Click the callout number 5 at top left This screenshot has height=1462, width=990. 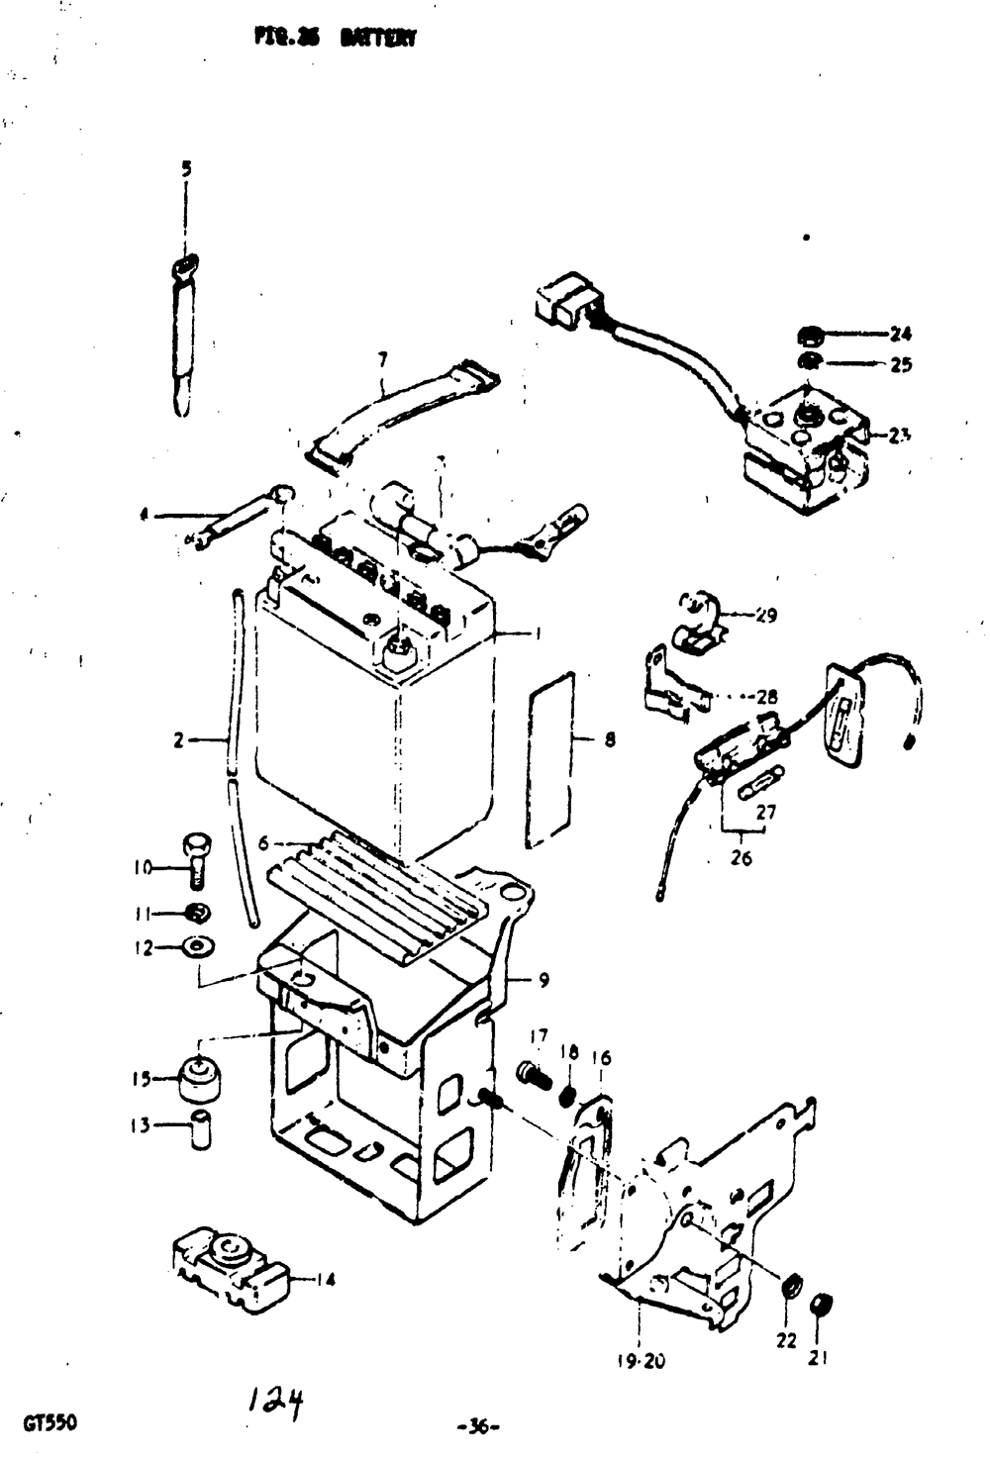(x=186, y=169)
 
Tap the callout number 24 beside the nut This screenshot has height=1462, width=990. (x=900, y=334)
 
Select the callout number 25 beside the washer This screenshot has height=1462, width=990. (x=900, y=364)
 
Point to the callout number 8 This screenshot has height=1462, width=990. (x=609, y=738)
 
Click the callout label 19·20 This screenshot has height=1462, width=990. (x=640, y=1361)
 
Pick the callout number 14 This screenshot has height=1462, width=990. (x=326, y=1279)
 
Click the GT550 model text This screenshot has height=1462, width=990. (x=51, y=1423)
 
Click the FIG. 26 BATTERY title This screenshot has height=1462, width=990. (x=335, y=38)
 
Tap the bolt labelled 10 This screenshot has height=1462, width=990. (x=196, y=860)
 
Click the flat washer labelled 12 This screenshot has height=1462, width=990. (x=200, y=947)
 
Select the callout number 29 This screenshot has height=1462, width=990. (x=765, y=615)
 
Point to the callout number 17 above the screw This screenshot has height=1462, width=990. (x=538, y=1036)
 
